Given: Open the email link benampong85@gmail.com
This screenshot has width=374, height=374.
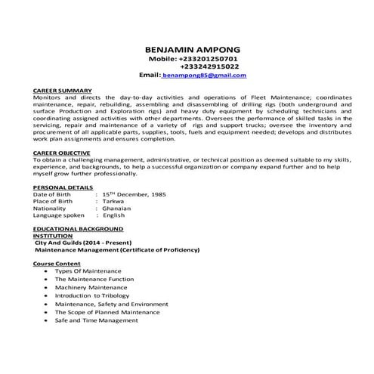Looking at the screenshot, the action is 204,76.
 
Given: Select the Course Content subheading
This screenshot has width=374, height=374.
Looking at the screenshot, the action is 57,263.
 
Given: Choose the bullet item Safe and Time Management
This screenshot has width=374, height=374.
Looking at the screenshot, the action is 96,320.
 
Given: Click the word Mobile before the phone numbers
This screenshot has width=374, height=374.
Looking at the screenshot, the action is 162,58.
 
